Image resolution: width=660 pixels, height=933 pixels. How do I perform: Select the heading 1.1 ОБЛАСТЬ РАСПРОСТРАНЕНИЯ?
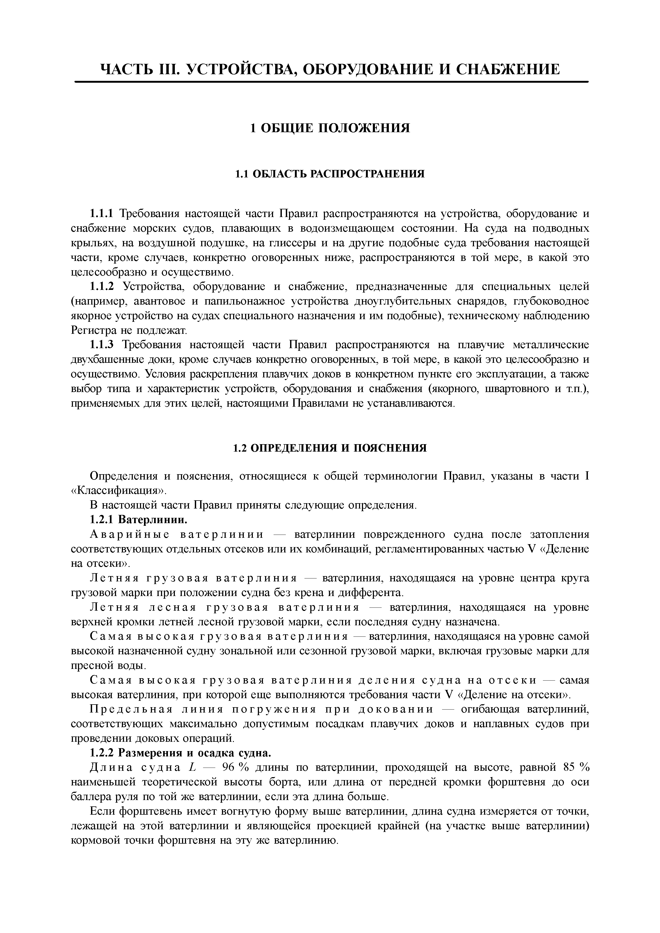tap(330, 174)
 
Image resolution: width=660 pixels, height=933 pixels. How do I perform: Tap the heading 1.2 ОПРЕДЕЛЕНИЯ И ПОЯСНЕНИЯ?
tap(330, 448)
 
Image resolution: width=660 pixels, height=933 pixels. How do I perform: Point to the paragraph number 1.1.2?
tap(102, 287)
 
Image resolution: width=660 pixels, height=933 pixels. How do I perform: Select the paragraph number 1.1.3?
tap(102, 345)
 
